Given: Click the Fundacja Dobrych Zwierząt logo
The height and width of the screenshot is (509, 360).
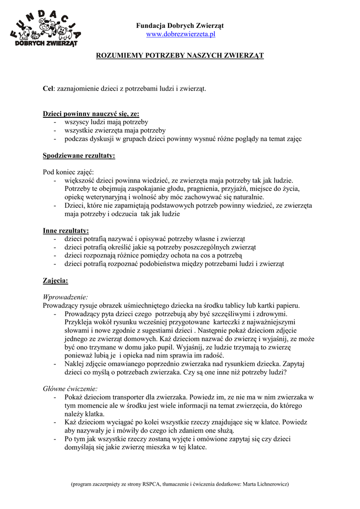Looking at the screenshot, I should point(46,29).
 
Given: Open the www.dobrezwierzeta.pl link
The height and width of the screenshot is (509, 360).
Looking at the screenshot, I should point(180,34).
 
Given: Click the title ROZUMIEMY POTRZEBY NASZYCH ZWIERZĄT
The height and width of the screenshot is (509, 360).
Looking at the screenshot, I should point(180,56).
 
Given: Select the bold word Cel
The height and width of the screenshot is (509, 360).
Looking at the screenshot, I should point(48,88).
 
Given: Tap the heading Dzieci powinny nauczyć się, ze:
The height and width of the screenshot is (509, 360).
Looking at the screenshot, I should point(84,114).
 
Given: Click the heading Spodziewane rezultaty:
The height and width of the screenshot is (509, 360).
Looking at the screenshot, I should point(79,156).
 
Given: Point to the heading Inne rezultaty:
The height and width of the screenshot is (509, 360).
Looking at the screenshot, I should point(66,231).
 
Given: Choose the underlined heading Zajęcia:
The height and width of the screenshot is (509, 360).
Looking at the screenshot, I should point(55,280).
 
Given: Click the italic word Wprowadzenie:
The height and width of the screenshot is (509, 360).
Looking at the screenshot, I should point(65,297).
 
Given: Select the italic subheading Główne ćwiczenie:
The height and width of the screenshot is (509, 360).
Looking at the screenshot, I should point(71,388).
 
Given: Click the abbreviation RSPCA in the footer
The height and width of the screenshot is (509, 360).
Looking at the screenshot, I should point(151,483).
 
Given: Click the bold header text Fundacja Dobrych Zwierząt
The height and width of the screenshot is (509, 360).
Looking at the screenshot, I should point(180,25).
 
